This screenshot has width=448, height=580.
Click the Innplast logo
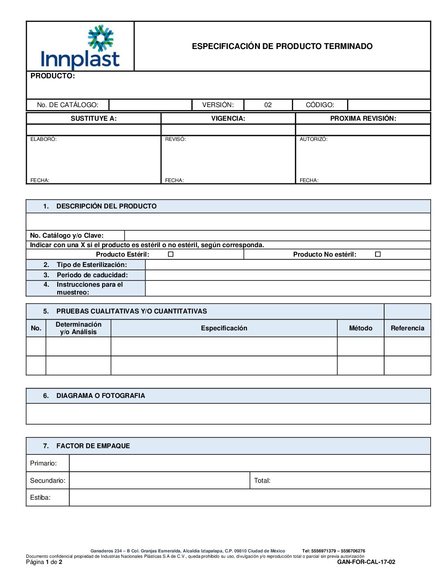click(80, 47)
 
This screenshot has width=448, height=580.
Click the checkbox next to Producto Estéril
click(170, 255)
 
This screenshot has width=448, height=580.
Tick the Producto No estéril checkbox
click(378, 255)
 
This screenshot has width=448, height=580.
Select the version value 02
click(268, 105)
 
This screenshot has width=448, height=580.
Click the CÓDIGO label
click(320, 105)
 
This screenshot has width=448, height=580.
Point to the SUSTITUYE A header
click(93, 119)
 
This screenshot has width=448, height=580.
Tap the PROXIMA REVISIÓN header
click(363, 119)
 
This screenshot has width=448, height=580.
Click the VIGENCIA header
click(228, 119)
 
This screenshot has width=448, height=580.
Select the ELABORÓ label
click(44, 139)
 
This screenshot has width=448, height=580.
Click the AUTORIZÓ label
click(313, 139)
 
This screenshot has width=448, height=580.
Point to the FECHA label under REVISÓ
click(174, 180)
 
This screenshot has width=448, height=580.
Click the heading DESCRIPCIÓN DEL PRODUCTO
click(106, 206)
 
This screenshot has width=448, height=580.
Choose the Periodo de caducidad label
click(92, 275)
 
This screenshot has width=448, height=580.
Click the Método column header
click(360, 328)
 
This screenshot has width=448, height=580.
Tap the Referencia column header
click(407, 328)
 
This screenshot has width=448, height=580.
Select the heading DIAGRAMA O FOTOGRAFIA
click(100, 396)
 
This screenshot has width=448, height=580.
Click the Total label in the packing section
click(262, 481)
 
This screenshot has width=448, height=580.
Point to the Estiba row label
click(40, 498)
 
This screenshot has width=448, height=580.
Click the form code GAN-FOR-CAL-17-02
click(366, 562)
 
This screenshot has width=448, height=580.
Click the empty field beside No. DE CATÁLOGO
click(150, 105)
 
